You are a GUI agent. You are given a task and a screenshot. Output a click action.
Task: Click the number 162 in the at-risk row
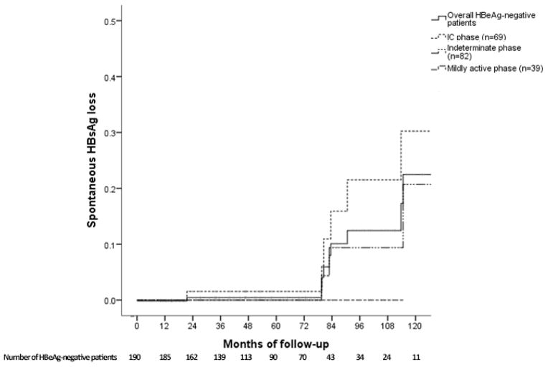[192, 356]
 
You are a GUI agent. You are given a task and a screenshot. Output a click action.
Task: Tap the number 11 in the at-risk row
[414, 356]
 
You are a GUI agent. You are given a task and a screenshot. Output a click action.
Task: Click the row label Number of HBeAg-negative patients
[60, 356]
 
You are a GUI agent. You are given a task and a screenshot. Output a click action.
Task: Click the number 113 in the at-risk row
[247, 356]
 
